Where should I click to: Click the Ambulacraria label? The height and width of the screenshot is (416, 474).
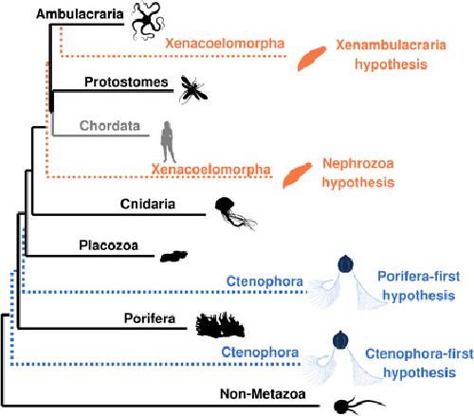(x=80, y=14)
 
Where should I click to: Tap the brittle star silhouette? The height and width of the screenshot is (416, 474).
(x=146, y=20)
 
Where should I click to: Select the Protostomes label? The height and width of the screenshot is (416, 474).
(x=126, y=82)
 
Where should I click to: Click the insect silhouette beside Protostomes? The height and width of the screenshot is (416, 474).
(x=192, y=90)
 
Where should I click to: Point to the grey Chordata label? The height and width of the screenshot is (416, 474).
(x=110, y=126)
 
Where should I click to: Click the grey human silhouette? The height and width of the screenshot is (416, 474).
(x=168, y=141)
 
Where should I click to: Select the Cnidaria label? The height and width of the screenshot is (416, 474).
(x=148, y=204)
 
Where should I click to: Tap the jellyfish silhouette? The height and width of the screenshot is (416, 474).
(x=234, y=212)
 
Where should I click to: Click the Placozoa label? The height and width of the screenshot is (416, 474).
(x=108, y=245)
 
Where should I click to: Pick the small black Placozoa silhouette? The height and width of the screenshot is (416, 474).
(x=173, y=256)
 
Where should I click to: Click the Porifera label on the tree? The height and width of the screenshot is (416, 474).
(x=150, y=318)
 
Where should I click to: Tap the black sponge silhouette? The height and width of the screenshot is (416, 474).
(x=220, y=324)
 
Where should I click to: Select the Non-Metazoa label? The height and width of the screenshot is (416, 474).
(x=263, y=394)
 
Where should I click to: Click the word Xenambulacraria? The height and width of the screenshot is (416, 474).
(x=392, y=45)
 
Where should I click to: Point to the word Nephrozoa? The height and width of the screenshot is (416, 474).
(x=358, y=163)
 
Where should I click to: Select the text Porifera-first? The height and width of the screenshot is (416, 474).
(x=419, y=277)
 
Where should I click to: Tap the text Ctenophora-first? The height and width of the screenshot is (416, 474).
(x=419, y=353)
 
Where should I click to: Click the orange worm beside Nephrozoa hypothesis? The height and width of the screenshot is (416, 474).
(x=297, y=175)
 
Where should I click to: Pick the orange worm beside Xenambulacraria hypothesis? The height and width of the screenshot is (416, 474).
(x=312, y=59)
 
